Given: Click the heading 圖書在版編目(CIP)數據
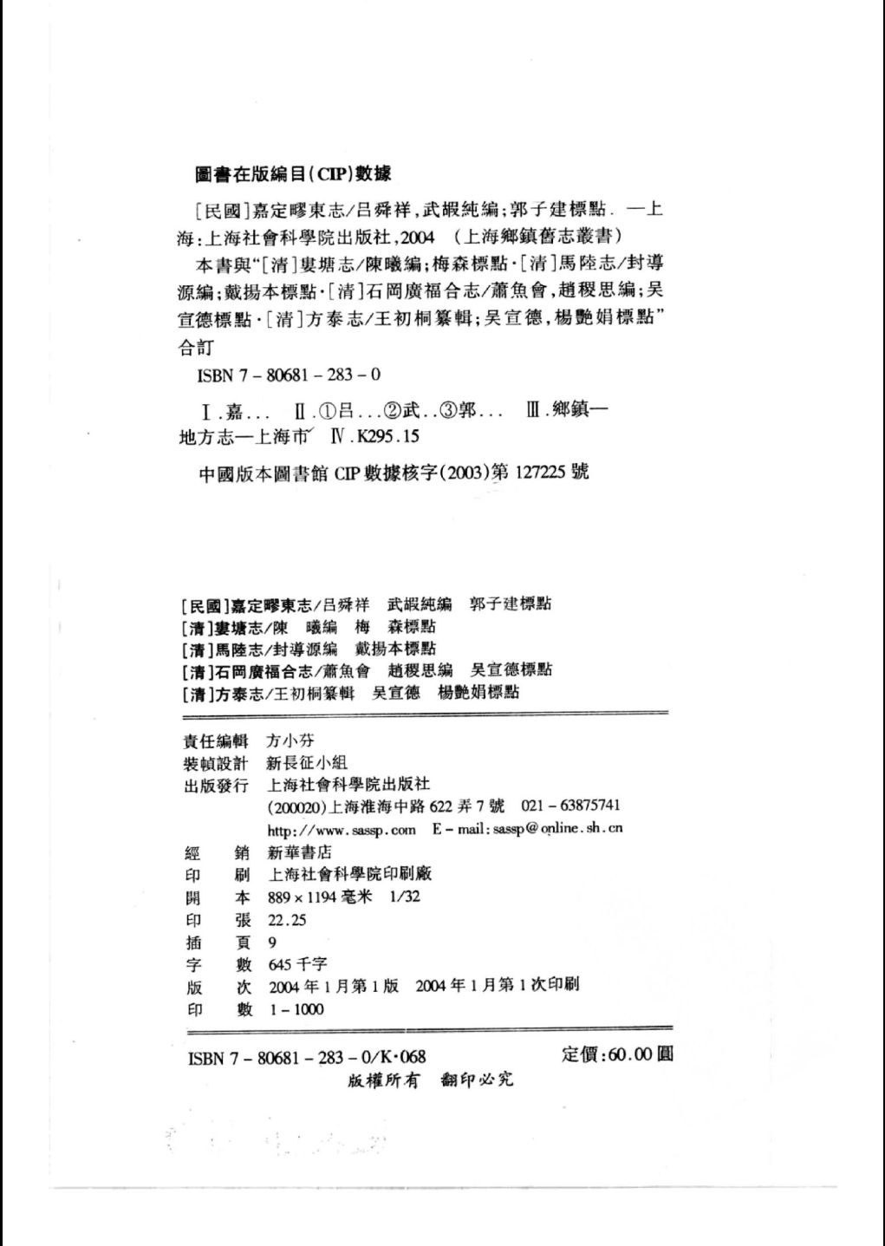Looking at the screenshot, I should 293,173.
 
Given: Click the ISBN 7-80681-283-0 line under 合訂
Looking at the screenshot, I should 289,375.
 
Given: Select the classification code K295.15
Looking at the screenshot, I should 387,437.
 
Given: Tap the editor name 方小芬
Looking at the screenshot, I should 290,740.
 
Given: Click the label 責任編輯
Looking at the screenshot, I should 217,741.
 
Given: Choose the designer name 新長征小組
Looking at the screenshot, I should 308,763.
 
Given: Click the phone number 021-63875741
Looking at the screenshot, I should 570,806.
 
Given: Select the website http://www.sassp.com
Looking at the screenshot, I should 342,830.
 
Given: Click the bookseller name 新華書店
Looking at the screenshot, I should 300,852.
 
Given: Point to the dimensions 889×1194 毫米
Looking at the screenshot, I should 320,897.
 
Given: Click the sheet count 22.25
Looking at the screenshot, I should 287,920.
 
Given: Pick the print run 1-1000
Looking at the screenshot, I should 296,1009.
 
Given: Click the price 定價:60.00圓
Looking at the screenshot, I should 617,1054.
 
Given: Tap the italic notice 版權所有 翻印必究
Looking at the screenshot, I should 430,1080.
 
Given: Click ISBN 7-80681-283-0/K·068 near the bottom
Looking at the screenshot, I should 306,1057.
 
